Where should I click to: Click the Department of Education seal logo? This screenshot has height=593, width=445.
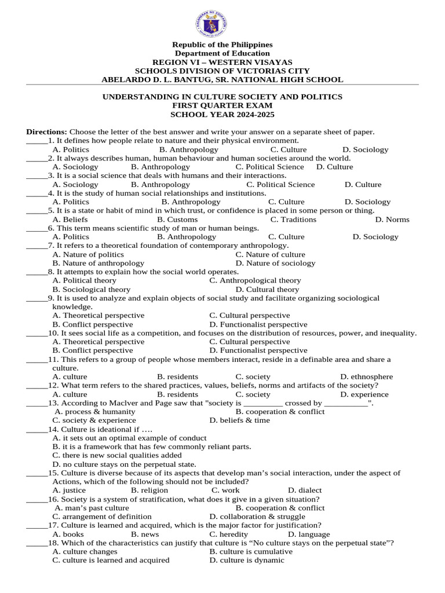pos(211,24)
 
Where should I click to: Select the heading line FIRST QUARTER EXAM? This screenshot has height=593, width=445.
pos(222,105)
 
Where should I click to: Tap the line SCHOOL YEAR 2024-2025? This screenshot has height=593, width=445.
pos(222,114)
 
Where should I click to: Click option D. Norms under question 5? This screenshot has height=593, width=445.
pos(392,219)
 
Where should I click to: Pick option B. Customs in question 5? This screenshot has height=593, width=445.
pos(177,219)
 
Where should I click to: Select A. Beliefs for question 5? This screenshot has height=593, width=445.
pos(70,219)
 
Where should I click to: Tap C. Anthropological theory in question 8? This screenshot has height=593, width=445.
pos(255,280)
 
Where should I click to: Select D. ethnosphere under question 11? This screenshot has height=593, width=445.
pos(366,376)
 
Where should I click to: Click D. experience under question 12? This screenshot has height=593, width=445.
pos(364,394)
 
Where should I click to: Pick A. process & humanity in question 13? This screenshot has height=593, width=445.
pos(95,412)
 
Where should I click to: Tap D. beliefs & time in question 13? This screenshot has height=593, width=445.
pos(239,420)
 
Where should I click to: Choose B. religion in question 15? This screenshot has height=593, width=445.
pos(149,490)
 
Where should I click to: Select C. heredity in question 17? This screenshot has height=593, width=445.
pos(228,535)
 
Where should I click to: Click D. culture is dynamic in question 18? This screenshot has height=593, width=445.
pos(247,561)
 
